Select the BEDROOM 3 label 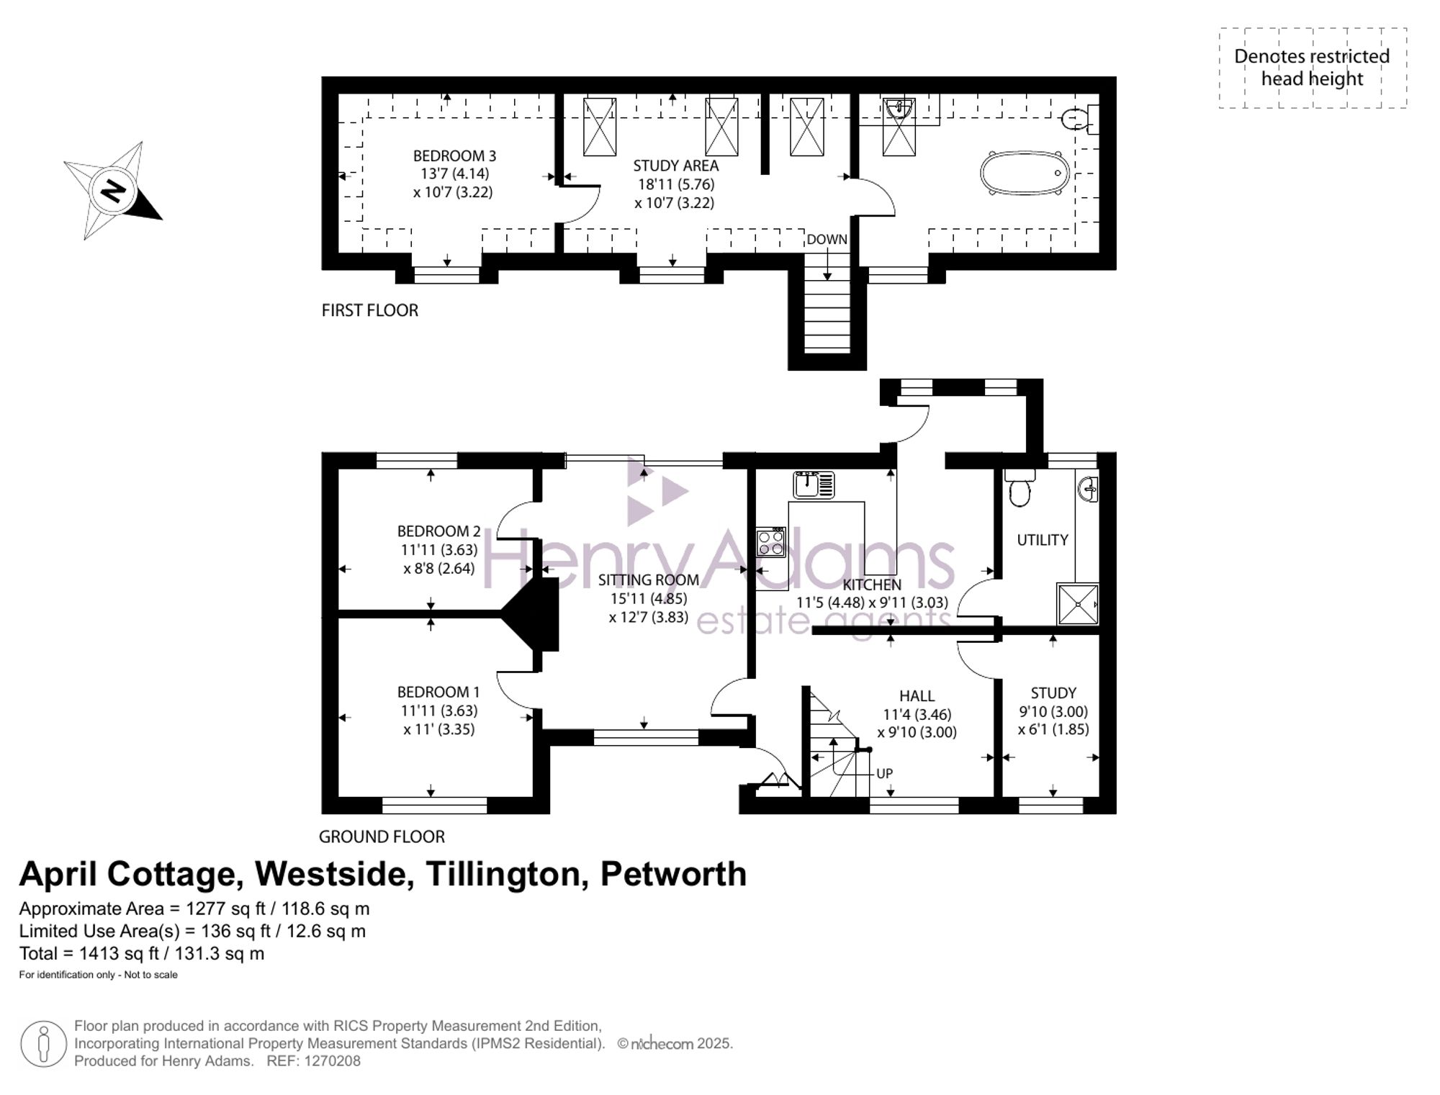(x=454, y=156)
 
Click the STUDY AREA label (x=675, y=166)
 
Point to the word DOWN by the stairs (x=827, y=239)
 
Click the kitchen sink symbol (x=814, y=485)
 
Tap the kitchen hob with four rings (x=770, y=542)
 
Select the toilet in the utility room (x=1020, y=491)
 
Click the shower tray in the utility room (x=1078, y=603)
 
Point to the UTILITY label (x=1042, y=540)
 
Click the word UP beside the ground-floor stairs (x=884, y=773)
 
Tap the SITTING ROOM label (x=648, y=580)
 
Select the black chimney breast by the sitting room (x=536, y=613)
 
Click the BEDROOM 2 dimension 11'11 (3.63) (x=439, y=549)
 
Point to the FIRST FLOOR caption (x=369, y=310)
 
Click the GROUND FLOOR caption (x=382, y=837)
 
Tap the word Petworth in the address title (x=673, y=874)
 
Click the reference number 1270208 (x=332, y=1060)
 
